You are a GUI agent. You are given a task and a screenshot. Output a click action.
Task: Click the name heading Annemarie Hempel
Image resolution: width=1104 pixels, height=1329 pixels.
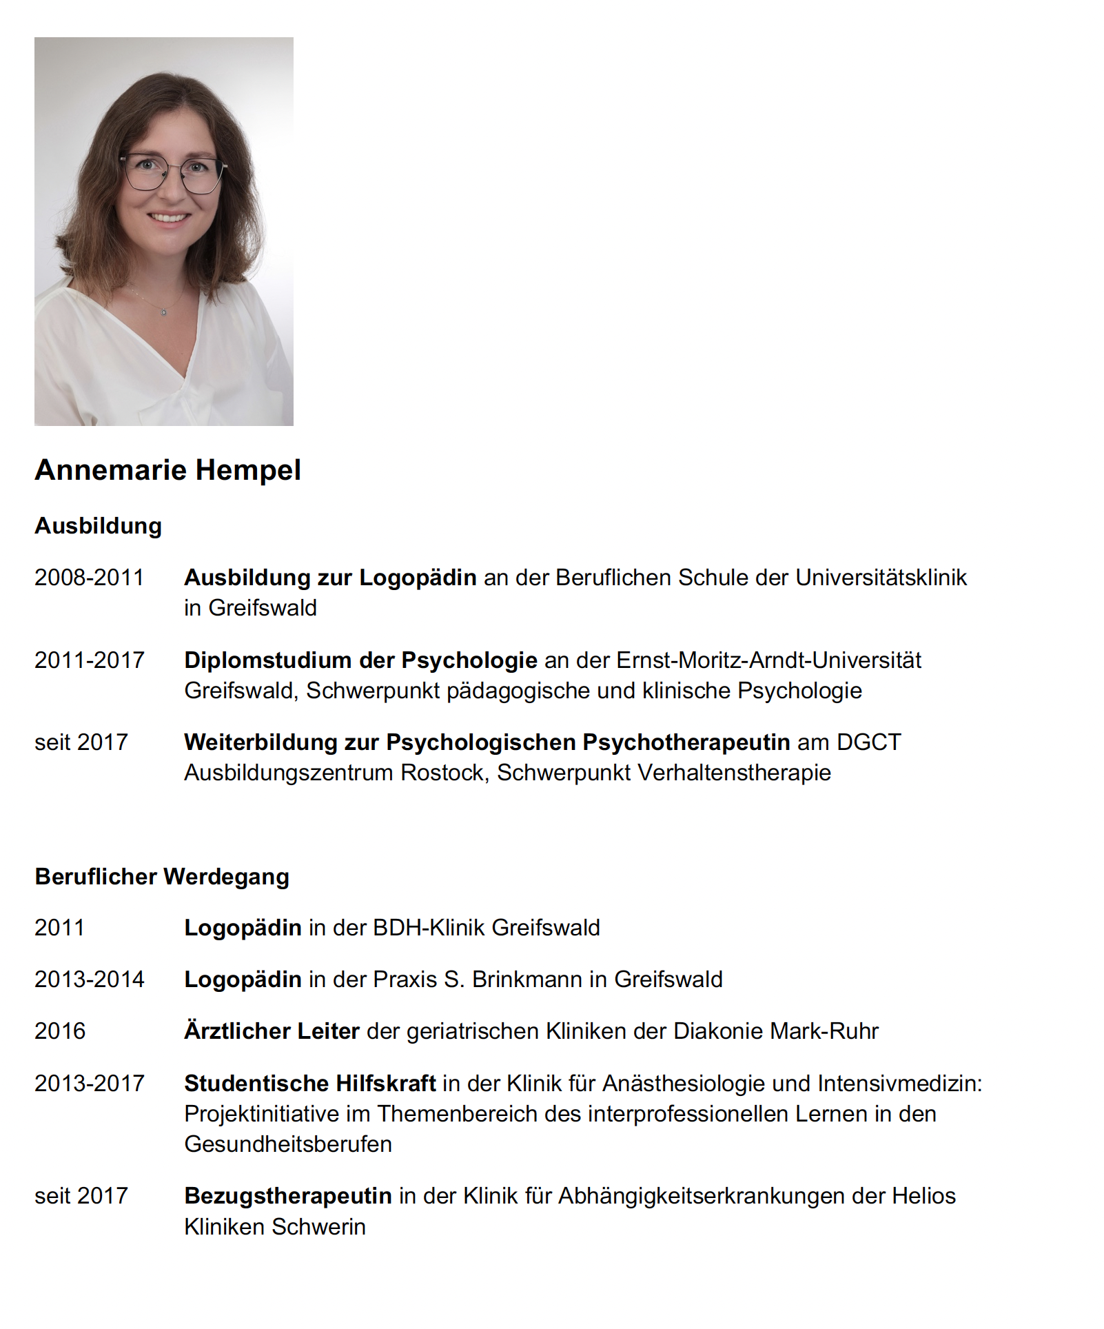[167, 470]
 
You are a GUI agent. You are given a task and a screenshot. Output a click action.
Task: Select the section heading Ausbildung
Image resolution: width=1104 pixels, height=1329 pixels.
[98, 526]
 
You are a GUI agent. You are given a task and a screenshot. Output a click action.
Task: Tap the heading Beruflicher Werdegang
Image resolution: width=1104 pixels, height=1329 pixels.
[162, 876]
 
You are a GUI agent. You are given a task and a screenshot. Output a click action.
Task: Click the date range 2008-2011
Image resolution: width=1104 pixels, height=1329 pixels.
[89, 578]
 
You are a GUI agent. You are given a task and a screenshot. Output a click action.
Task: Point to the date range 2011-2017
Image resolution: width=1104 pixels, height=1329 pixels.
[89, 660]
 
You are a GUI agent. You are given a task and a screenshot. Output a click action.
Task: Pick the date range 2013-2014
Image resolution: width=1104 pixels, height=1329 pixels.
[89, 980]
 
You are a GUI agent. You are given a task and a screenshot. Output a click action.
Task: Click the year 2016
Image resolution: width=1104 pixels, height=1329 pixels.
[60, 1031]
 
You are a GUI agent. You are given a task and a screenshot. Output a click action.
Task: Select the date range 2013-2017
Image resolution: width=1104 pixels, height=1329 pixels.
[89, 1084]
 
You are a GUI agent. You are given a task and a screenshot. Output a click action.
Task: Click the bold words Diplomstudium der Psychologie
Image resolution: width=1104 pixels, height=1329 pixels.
[360, 660]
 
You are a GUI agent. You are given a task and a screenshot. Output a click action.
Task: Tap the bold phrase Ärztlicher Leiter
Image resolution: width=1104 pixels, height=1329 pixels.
[272, 1031]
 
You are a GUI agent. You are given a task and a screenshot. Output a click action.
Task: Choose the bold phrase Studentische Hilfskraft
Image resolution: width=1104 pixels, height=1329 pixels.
[309, 1084]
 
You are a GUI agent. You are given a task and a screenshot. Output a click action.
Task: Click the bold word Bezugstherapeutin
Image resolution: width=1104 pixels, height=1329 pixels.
[287, 1196]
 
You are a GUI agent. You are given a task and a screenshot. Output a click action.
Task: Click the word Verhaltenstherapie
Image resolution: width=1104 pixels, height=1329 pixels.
[734, 773]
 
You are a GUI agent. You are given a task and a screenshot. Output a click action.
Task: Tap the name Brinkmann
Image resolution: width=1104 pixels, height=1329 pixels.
[527, 980]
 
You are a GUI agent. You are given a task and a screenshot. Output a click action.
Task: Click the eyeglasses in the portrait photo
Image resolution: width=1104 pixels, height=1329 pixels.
[173, 172]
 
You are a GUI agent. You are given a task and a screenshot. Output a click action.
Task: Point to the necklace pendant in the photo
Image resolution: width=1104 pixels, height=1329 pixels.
[163, 313]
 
